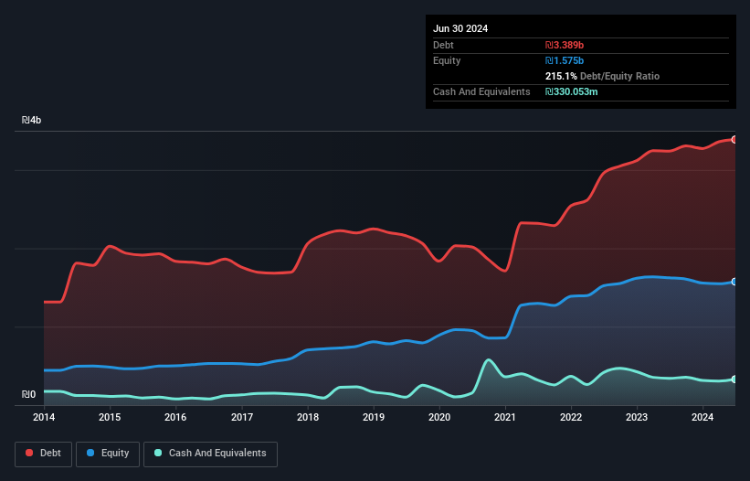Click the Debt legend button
tap(42, 453)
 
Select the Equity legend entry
tap(109, 453)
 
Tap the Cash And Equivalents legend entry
tap(210, 453)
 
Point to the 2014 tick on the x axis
tap(44, 418)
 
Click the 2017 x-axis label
tap(242, 418)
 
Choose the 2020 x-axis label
tap(439, 418)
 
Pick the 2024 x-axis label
tap(702, 418)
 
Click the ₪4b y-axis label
tap(32, 120)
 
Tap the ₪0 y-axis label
tap(28, 395)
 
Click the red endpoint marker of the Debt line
tap(734, 139)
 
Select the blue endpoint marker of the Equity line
tap(734, 282)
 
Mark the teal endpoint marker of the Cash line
tap(734, 379)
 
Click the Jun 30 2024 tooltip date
tap(460, 28)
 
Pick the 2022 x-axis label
tap(571, 418)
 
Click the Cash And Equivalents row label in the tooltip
tap(481, 91)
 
